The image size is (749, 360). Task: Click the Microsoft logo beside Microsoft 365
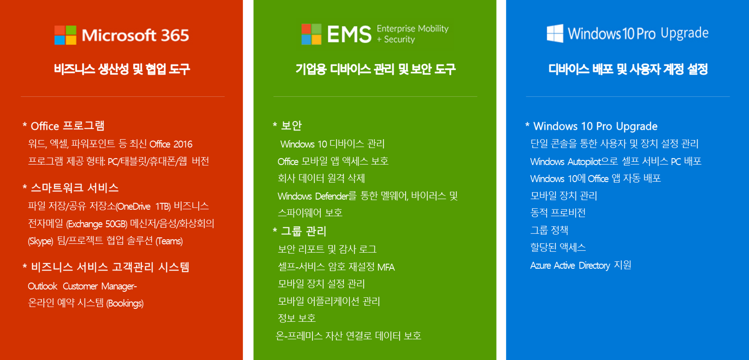click(x=65, y=35)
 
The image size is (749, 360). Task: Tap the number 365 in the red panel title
click(x=175, y=35)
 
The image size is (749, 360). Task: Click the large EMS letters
click(x=349, y=34)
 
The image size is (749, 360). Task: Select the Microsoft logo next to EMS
click(x=311, y=34)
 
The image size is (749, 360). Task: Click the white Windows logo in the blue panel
click(x=555, y=34)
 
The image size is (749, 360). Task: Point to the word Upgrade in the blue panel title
click(x=684, y=33)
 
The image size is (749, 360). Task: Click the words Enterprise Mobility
click(x=413, y=28)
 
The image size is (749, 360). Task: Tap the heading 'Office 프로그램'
click(x=67, y=126)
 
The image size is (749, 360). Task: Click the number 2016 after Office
click(x=183, y=144)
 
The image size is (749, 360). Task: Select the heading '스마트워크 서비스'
click(x=74, y=188)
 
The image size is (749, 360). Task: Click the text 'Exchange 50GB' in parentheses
click(x=97, y=224)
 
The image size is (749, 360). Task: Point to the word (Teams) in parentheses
click(x=169, y=241)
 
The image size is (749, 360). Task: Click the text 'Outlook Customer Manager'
click(x=82, y=286)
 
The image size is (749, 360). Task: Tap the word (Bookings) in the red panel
click(x=125, y=303)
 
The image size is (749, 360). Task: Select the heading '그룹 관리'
click(x=303, y=231)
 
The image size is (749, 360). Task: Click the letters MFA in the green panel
click(x=386, y=267)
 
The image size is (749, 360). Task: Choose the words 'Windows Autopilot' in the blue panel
click(x=565, y=162)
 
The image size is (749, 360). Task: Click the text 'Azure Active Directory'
click(x=570, y=265)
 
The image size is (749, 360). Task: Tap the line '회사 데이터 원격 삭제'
click(x=321, y=178)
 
